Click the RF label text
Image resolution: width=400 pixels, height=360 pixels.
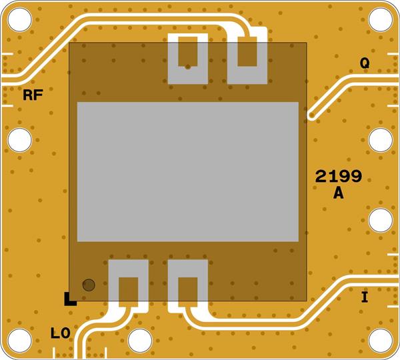pyautogui.click(x=33, y=95)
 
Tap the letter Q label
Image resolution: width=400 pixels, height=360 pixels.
pyautogui.click(x=365, y=63)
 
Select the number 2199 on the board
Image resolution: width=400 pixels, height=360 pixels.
pyautogui.click(x=339, y=177)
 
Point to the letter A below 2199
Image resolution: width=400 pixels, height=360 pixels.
pyautogui.click(x=338, y=194)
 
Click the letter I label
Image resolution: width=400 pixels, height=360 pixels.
pyautogui.click(x=364, y=297)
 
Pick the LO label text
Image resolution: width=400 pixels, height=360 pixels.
pyautogui.click(x=61, y=331)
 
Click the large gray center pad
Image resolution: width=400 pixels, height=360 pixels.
pyautogui.click(x=187, y=171)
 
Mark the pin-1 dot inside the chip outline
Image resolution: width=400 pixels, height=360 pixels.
pyautogui.click(x=88, y=285)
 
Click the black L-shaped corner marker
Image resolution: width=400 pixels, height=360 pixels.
pyautogui.click(x=69, y=300)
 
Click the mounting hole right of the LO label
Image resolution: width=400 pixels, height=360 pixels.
pyautogui.click(x=140, y=340)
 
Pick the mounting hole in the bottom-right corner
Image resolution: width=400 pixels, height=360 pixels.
pyautogui.click(x=381, y=340)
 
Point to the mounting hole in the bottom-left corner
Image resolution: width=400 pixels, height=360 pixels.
pyautogui.click(x=19, y=340)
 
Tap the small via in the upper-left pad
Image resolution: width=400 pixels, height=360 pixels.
pyautogui.click(x=189, y=67)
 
